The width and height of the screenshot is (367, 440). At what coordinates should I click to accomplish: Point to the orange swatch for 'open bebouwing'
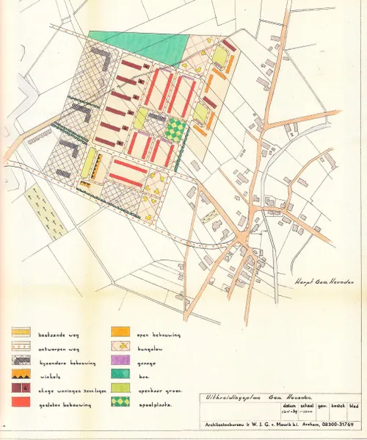click(x=120, y=335)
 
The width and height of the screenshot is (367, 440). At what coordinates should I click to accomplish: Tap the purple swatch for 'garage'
click(x=120, y=362)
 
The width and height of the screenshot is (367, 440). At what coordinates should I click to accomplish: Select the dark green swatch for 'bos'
click(x=120, y=375)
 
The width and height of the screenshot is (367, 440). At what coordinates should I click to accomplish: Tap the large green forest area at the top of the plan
click(x=139, y=43)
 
